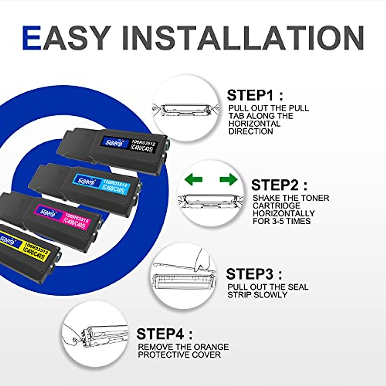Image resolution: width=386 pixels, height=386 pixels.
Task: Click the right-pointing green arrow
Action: [228, 179]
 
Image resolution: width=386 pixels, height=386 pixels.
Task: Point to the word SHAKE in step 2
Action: [265, 198]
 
